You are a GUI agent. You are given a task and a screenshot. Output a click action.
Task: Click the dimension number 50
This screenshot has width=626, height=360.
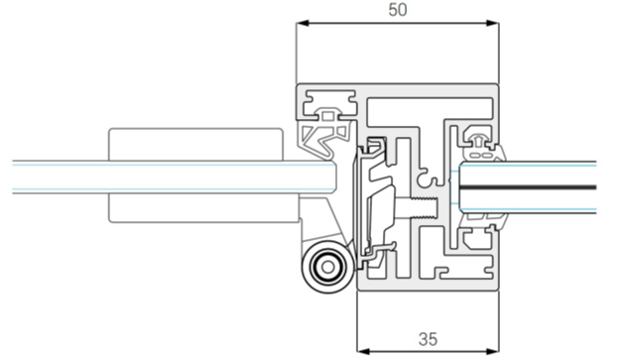tap(398, 10)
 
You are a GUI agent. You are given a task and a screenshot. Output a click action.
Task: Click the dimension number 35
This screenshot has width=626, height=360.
tap(428, 339)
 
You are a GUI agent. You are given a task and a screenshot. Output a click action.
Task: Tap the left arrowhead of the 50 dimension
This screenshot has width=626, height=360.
tap(303, 23)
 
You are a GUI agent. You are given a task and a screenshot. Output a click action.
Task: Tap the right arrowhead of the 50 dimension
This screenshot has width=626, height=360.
tap(493, 23)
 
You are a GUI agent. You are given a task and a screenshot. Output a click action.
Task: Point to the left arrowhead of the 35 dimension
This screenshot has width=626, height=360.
tap(363, 352)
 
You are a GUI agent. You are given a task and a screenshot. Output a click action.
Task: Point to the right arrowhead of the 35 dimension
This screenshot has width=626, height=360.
tap(493, 352)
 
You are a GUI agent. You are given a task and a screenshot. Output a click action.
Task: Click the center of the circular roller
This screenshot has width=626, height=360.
tap(327, 267)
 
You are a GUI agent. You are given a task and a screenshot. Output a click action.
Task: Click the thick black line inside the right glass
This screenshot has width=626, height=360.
tap(528, 187)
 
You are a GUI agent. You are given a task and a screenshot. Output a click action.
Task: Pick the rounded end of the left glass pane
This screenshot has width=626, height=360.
tap(333, 178)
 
